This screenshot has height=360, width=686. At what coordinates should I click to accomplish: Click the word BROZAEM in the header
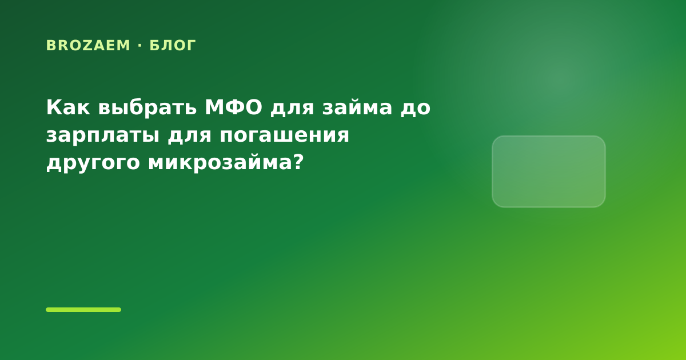pyautogui.click(x=88, y=46)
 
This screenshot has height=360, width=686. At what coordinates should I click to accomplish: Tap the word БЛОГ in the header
pyautogui.click(x=173, y=46)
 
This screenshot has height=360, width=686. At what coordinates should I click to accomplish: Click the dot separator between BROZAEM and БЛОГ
pyautogui.click(x=140, y=46)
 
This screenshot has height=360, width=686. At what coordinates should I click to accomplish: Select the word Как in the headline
pyautogui.click(x=68, y=107)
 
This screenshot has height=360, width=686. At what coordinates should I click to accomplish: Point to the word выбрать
pyautogui.click(x=147, y=107)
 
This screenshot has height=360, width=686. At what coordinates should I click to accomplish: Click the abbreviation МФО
pyautogui.click(x=233, y=107)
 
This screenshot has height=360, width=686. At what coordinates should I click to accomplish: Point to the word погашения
pyautogui.click(x=285, y=135)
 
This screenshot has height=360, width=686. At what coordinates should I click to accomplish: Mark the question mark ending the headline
pyautogui.click(x=298, y=161)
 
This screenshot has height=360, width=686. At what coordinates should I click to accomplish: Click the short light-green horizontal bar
pyautogui.click(x=83, y=310)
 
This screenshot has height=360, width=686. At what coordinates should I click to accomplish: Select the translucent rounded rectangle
pyautogui.click(x=549, y=172)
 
